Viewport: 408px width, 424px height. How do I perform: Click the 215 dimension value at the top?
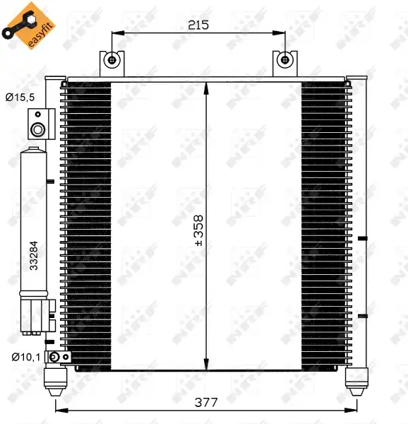pos(198,25)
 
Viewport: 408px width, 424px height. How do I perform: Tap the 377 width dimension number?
pos(206,402)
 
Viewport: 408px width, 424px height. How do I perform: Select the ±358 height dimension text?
pos(199,230)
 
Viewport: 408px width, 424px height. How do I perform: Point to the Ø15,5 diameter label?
pos(20,97)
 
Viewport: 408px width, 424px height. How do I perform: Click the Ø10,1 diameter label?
pos(26,357)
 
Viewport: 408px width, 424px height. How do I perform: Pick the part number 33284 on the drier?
pos(34,256)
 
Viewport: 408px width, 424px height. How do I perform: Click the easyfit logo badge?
pos(29,25)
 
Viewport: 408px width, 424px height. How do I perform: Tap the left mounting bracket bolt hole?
pos(112,60)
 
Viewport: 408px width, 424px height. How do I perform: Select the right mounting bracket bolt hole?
pos(285,60)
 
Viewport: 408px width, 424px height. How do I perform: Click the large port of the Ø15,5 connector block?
pos(38,130)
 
